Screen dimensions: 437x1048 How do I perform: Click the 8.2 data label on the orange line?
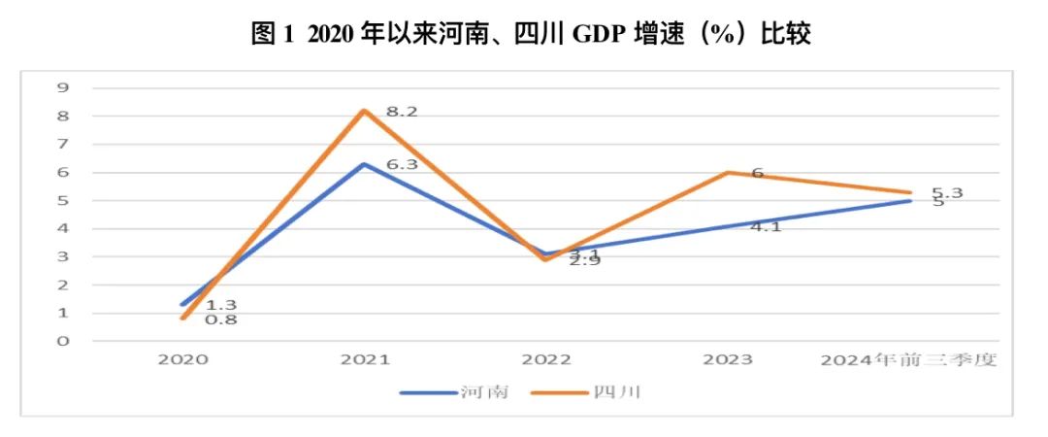point(401,113)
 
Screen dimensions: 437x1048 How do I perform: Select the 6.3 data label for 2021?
point(401,165)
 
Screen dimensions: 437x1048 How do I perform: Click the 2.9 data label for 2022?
point(583,260)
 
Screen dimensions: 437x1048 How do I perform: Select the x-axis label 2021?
point(365,360)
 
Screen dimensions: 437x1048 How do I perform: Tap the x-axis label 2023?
point(728,360)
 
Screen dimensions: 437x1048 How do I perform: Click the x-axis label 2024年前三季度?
point(909,360)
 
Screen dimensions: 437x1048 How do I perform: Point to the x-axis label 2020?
point(183,360)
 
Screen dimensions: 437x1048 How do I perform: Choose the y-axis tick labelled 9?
point(64,87)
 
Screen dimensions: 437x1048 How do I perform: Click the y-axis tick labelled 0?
point(64,342)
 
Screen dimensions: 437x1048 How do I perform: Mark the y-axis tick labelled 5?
point(64,201)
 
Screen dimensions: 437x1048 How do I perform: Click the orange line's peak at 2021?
point(364,110)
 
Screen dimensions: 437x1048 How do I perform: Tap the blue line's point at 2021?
point(364,164)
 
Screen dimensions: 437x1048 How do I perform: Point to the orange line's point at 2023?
point(728,173)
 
